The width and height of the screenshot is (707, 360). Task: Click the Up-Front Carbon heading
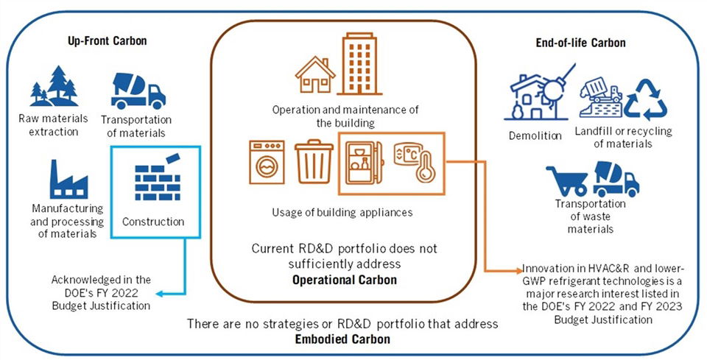(x=102, y=41)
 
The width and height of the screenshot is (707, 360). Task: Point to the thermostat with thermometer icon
(x=412, y=164)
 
